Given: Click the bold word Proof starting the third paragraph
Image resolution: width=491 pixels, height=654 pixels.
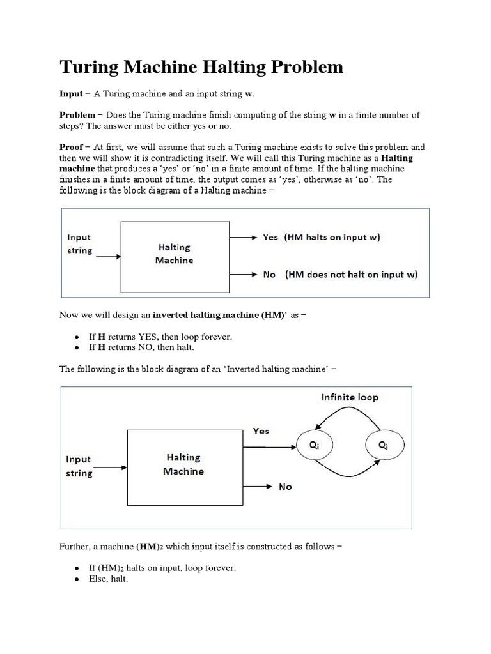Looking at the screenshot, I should [72, 147].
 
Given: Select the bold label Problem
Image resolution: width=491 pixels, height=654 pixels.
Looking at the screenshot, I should [77, 115].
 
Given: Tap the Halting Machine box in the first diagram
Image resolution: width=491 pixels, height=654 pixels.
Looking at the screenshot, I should [175, 254].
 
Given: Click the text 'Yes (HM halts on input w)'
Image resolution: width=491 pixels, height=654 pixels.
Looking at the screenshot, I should [322, 237].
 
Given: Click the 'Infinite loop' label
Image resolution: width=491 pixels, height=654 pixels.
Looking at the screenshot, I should [349, 397].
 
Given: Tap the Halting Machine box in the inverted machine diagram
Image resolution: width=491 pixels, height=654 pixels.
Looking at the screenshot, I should [183, 464].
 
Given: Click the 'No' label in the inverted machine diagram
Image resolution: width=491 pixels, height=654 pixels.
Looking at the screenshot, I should [285, 487].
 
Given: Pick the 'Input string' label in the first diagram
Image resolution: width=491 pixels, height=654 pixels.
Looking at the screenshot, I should [80, 243].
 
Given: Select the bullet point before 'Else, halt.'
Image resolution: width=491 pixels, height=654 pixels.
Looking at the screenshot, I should [76, 579].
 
